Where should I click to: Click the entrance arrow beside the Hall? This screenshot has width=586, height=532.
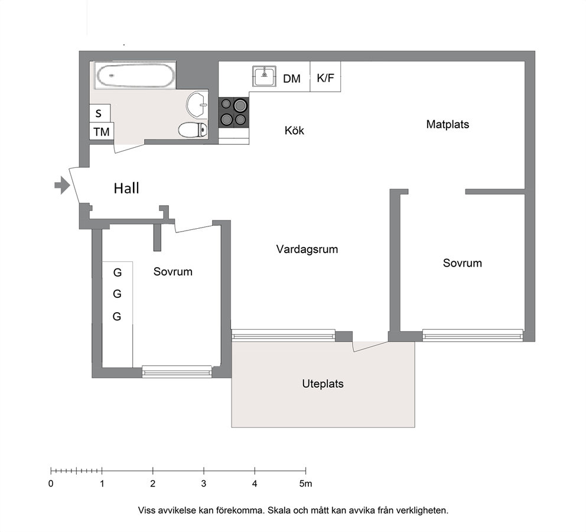click(63, 185)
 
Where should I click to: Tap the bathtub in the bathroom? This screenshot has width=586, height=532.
click(135, 75)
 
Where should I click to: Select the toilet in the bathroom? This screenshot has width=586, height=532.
click(193, 130)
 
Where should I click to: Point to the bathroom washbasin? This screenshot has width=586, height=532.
click(197, 105)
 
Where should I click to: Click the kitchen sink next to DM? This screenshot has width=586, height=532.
click(264, 76)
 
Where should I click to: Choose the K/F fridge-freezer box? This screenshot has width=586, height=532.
click(325, 77)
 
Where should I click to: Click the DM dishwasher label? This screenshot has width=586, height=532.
click(291, 79)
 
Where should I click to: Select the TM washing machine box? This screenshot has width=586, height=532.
click(102, 131)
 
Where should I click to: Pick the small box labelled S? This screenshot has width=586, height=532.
click(100, 113)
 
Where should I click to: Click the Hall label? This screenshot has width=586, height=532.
click(126, 188)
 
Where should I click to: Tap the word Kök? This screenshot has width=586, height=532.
click(294, 130)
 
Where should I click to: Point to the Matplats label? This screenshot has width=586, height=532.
click(447, 124)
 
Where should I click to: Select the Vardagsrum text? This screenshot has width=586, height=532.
click(307, 249)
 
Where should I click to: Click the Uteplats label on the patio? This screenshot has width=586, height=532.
click(323, 384)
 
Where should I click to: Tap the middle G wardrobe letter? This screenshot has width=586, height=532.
click(117, 294)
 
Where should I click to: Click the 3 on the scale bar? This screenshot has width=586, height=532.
click(204, 484)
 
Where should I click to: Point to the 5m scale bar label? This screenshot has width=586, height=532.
click(305, 484)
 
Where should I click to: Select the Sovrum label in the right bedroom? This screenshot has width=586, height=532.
click(463, 263)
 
